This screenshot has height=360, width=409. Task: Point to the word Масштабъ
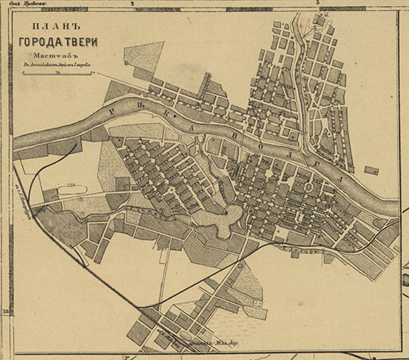click(50, 56)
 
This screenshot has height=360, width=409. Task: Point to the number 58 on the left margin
click(5, 312)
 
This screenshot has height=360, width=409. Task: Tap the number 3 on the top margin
click(319, 5)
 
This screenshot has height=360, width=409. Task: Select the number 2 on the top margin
click(133, 5)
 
